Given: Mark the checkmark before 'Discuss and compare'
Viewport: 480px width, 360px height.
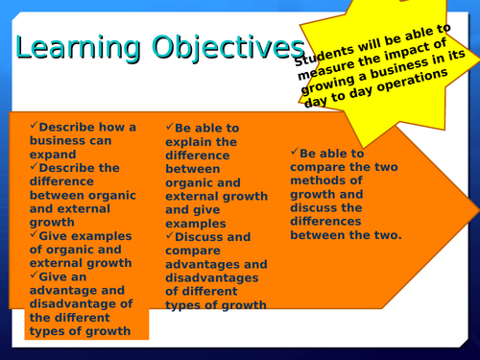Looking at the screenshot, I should pos(169,236).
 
